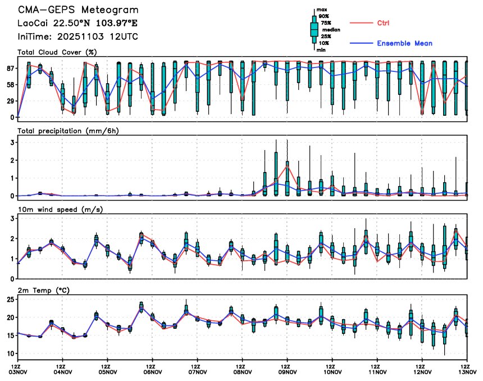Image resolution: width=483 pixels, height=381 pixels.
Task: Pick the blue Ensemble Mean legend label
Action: tap(404, 43)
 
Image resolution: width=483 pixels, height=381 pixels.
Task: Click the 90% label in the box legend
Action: tap(324, 16)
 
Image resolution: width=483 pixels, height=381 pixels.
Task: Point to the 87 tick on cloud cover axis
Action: tap(10, 68)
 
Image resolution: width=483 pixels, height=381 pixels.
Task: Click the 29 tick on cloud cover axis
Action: tap(10, 101)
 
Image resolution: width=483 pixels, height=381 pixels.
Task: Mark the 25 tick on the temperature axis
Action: tap(10, 299)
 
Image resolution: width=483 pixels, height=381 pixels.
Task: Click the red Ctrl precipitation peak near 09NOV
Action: tap(287, 166)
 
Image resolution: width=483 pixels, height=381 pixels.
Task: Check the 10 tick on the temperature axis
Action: tap(10, 353)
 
